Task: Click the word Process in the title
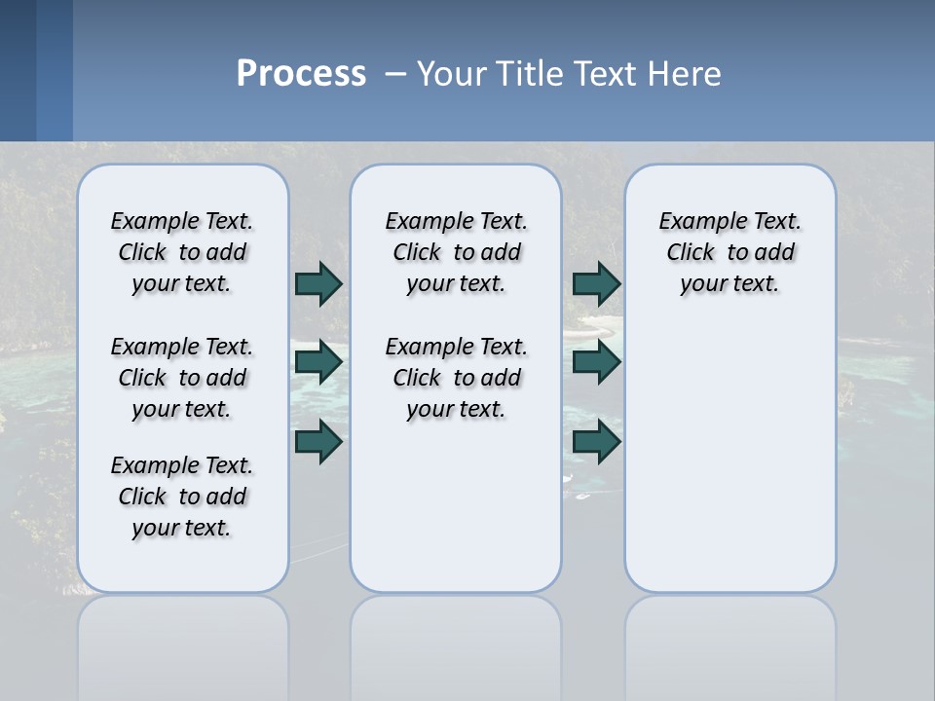click(301, 74)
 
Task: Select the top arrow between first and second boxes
click(318, 283)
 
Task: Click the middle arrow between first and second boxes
click(318, 362)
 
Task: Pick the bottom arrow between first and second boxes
click(318, 441)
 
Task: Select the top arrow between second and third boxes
click(596, 283)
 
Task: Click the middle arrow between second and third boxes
click(596, 362)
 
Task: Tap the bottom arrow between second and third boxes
click(596, 441)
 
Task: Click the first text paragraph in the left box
click(182, 252)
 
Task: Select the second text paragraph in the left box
click(182, 378)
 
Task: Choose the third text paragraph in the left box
click(182, 497)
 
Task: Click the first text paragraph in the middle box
click(456, 252)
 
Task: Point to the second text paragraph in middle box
click(456, 378)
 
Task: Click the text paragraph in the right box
click(729, 252)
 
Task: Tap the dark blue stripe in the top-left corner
click(18, 70)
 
